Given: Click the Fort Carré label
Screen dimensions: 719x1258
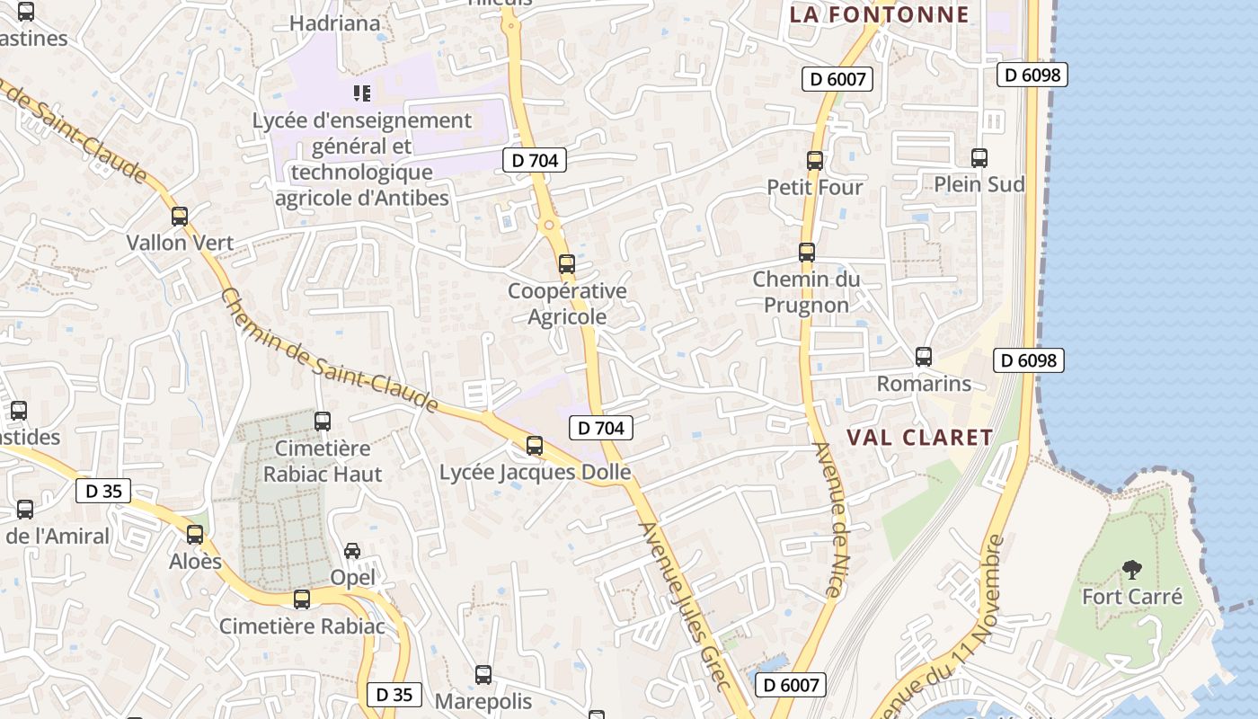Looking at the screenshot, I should pos(1131,597).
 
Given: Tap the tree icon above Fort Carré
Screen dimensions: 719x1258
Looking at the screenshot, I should pos(1132,570).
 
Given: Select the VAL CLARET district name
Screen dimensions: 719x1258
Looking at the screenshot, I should pos(920,438).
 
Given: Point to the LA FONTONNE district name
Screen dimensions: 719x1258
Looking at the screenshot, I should pos(879,14).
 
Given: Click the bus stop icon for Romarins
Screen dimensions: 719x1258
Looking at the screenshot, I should pos(924,357).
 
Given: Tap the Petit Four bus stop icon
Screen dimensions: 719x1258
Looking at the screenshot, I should pos(815,161).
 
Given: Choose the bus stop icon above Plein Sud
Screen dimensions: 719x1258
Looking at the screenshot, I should pos(979,158).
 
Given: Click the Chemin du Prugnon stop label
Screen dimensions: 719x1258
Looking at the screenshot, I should pos(806,292).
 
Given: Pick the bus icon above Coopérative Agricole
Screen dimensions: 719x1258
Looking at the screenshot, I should pos(566,264).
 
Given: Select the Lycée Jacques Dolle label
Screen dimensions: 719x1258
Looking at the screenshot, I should pos(535,472).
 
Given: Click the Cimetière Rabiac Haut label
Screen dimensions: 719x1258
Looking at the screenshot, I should pos(323,461).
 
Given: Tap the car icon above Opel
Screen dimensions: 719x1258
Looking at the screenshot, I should pos(352,551).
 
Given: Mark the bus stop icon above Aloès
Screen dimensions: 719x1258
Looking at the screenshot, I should pos(195,535).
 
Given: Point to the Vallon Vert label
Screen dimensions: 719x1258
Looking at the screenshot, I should pos(180,243).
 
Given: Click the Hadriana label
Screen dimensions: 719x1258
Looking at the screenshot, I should pos(335,23).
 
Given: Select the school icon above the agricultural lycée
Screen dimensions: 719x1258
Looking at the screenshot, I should pos(362,93).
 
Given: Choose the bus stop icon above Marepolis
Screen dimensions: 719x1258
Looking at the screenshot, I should pos(483,674).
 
